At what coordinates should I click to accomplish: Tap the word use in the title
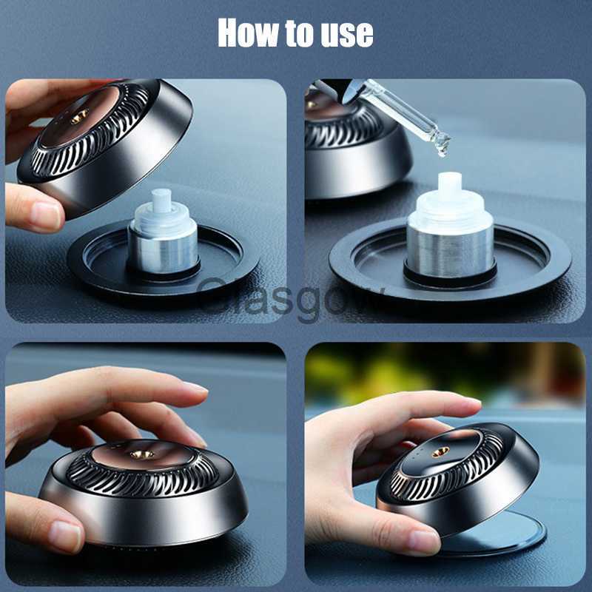click(x=346, y=33)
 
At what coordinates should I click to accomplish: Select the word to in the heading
click(x=299, y=33)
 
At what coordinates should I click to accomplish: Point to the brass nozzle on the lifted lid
click(x=79, y=115)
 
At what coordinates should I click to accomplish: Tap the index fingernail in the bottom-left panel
click(x=195, y=387)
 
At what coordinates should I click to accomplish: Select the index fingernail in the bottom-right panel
click(x=471, y=401)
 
